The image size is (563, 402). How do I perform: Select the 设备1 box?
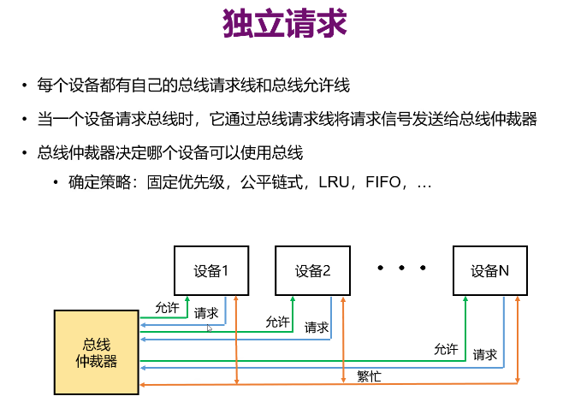tap(210, 270)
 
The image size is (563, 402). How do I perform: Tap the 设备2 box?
tap(312, 270)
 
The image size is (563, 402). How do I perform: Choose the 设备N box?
tap(489, 270)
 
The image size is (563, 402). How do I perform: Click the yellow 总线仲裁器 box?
tap(95, 352)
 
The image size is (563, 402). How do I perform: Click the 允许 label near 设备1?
tap(168, 306)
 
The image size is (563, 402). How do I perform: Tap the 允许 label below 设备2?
tap(277, 322)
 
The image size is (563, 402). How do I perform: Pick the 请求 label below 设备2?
tap(317, 327)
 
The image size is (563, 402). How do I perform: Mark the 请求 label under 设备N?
tap(485, 353)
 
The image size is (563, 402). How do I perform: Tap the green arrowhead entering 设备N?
tap(465, 300)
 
